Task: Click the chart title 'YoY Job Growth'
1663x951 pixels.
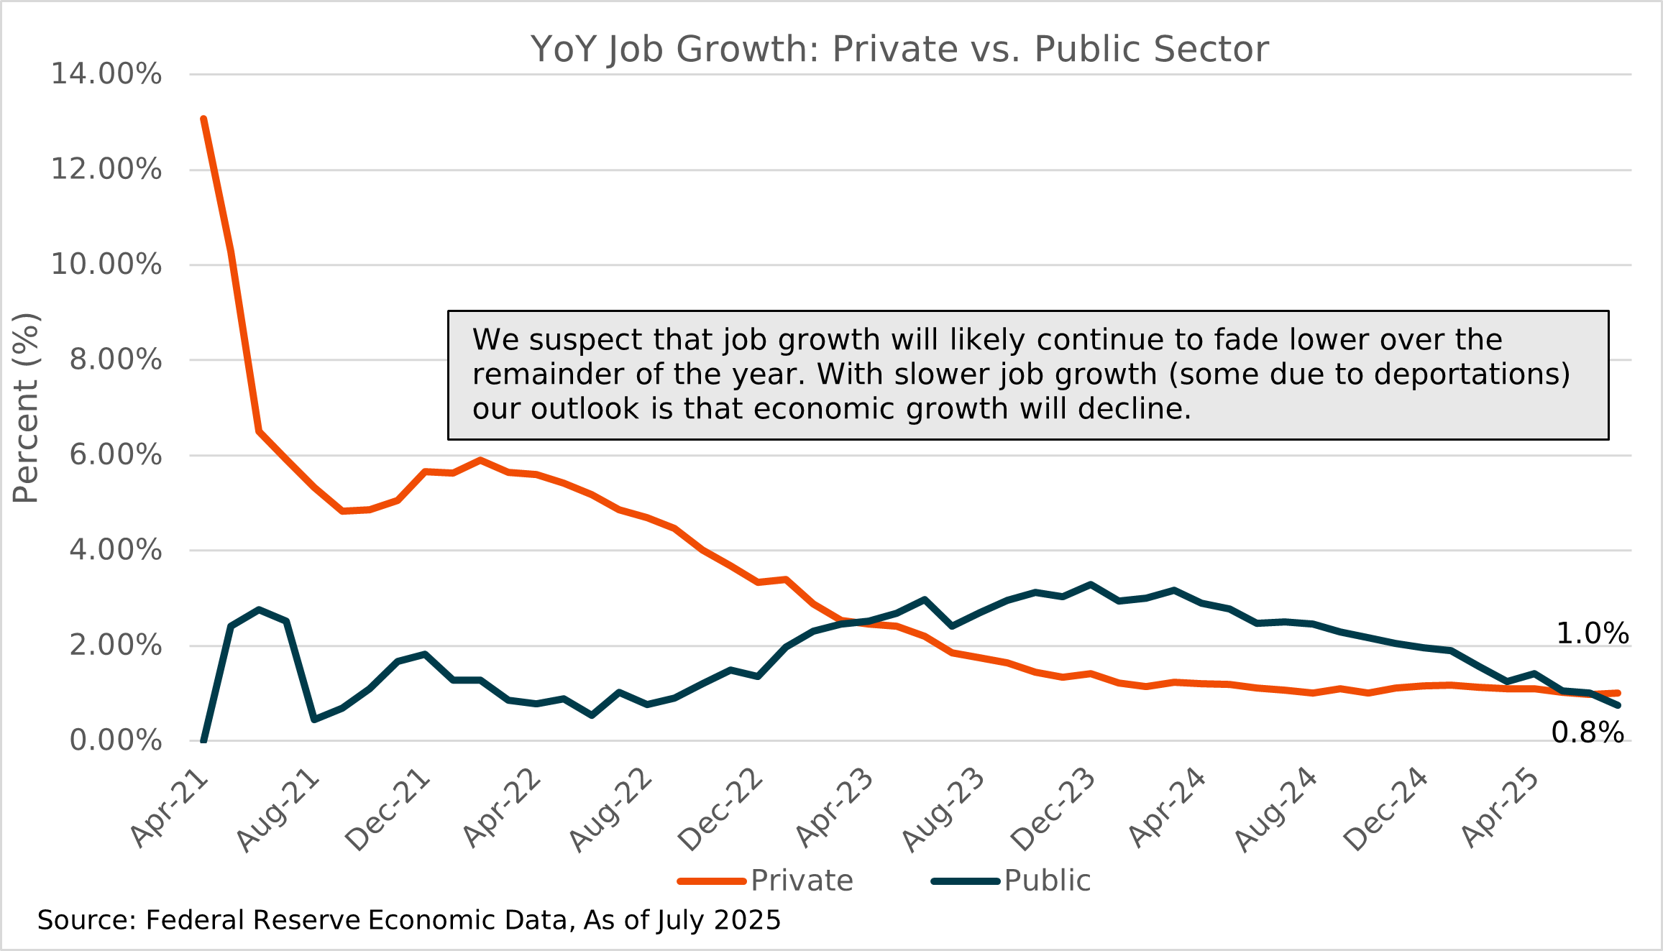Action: click(x=899, y=50)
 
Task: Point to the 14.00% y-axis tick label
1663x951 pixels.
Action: click(x=106, y=74)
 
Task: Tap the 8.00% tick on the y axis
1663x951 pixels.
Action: click(x=115, y=359)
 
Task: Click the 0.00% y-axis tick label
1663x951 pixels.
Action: click(x=115, y=740)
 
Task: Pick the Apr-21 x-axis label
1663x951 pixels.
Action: click(x=170, y=808)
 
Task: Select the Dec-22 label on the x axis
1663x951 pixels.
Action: click(x=720, y=809)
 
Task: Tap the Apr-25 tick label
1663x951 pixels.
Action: click(x=1500, y=808)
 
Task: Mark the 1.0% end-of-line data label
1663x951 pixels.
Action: click(x=1592, y=634)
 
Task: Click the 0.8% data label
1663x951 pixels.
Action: click(x=1587, y=733)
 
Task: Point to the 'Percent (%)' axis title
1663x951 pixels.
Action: click(x=26, y=408)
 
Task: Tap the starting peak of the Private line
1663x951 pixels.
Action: click(x=204, y=120)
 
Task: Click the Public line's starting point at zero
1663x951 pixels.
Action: click(x=203, y=739)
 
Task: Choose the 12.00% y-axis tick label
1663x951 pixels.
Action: click(x=106, y=170)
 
